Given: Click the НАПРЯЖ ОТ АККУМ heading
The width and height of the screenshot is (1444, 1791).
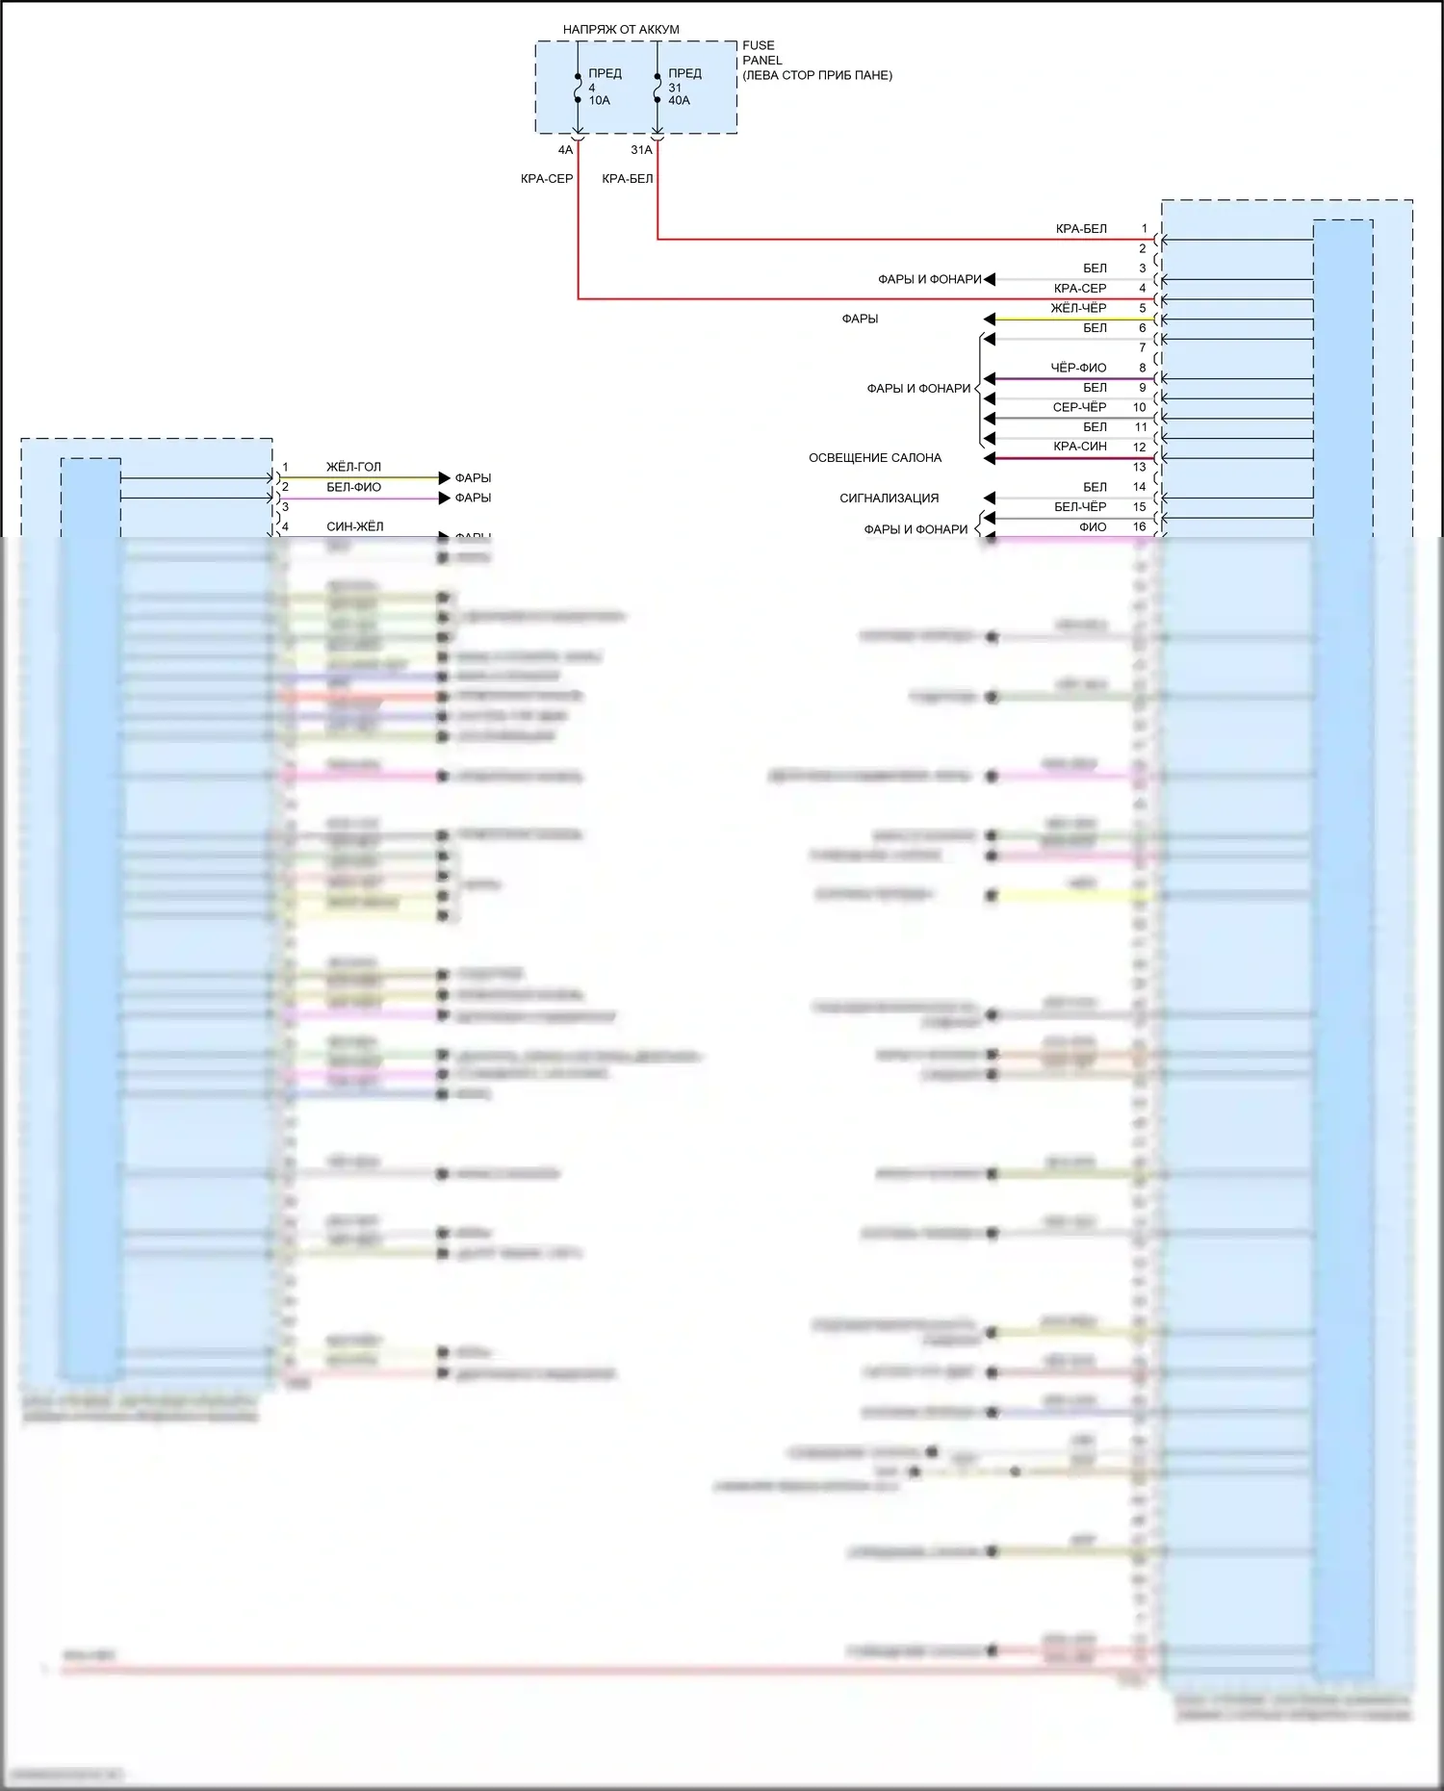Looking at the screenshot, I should tap(621, 30).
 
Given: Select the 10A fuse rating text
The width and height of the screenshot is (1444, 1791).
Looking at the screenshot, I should tap(599, 100).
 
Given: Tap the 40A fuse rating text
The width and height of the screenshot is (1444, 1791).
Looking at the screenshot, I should tap(679, 100).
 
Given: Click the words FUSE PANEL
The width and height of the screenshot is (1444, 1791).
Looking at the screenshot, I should tap(761, 52).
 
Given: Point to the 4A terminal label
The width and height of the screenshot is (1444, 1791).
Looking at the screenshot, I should tap(565, 150).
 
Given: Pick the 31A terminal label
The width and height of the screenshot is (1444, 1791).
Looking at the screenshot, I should tap(641, 150).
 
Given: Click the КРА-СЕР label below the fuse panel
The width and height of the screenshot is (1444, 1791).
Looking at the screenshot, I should tap(546, 179).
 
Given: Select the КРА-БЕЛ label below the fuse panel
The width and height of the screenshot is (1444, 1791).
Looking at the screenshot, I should tap(627, 179).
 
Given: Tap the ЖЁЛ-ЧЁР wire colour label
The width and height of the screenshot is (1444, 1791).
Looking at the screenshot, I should tap(1078, 308).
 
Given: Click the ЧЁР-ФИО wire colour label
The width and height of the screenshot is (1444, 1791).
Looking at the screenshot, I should tap(1078, 368).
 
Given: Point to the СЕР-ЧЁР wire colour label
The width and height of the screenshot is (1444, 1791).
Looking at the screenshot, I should tap(1079, 407).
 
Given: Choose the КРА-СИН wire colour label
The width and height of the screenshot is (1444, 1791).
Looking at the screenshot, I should tap(1079, 447).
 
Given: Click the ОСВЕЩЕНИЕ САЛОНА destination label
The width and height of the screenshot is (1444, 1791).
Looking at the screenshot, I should tap(874, 458).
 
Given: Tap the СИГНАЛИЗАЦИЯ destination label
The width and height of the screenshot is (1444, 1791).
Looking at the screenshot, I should tap(889, 499).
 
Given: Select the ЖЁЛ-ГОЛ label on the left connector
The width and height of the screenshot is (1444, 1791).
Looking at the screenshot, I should tap(353, 467).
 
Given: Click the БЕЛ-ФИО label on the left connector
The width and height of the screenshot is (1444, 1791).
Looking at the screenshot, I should tap(353, 487).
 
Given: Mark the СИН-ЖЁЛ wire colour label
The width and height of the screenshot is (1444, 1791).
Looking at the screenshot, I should tap(354, 526).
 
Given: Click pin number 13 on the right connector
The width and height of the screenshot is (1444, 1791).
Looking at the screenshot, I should tap(1139, 467).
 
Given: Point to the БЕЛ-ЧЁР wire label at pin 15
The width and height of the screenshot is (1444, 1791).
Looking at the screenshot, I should tap(1079, 506).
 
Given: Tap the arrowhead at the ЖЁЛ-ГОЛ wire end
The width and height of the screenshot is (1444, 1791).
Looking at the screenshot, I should tap(444, 478).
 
